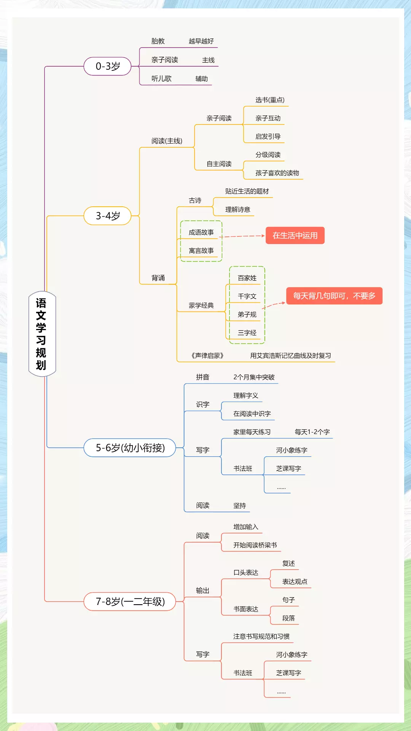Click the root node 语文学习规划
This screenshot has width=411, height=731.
pos(42,334)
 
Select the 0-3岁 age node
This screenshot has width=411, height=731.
pos(108,66)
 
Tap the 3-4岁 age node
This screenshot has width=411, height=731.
pos(108,216)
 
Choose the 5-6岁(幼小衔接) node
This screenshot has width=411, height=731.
pos(130,448)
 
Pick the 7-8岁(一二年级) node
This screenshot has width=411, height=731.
pos(130,602)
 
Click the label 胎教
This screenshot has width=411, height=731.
pos(158,41)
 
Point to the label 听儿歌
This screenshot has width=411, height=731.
pos(161,79)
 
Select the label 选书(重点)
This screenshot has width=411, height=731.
pos(270,100)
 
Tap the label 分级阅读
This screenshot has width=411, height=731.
pos(268,155)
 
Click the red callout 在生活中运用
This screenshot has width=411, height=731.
pos(295,236)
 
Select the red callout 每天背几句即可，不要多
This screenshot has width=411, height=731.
pos(334,296)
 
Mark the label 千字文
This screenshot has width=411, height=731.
pos(247,296)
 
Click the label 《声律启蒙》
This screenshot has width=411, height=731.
pos(207,356)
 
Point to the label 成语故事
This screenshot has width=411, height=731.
pos(201,232)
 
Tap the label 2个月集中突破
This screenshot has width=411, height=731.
pos(254,377)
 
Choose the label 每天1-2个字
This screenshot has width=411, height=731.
pos(312,432)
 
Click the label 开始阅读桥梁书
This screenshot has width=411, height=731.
pos(255,545)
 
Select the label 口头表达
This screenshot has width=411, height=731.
pos(246,573)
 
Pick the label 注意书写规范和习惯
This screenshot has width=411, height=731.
pos(261,637)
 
